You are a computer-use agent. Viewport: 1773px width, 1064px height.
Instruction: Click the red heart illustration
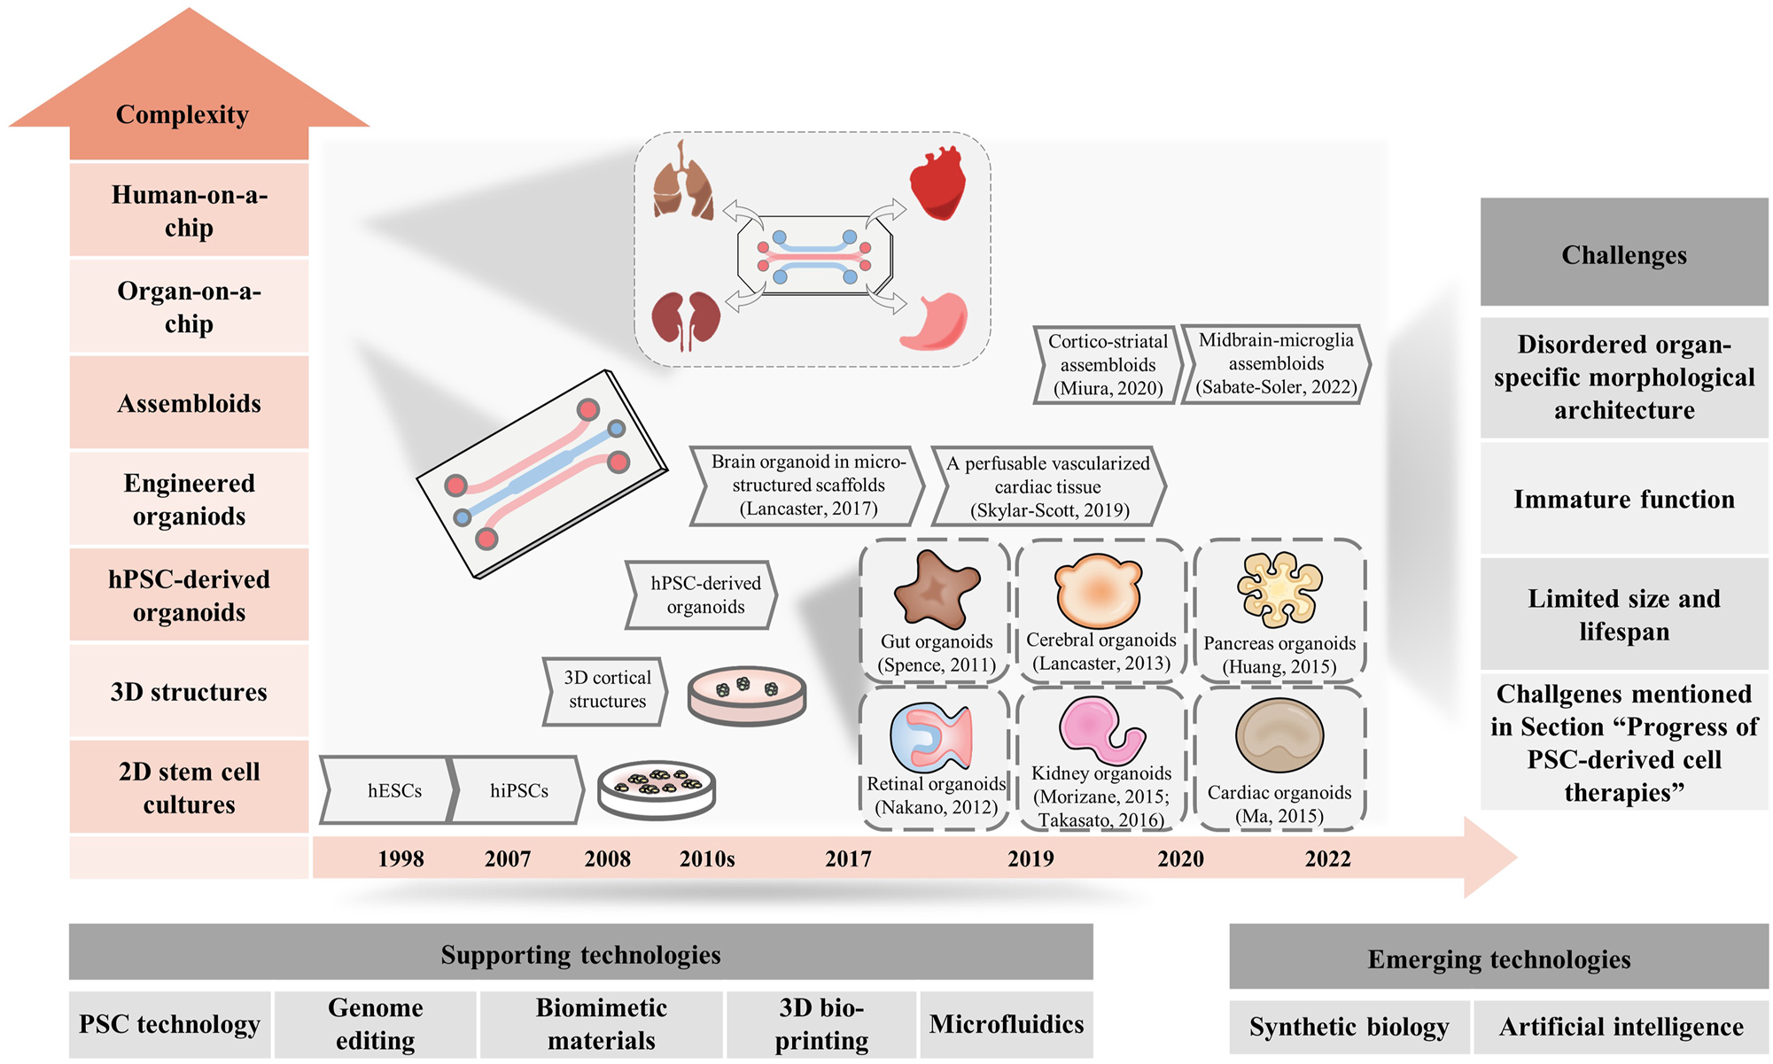pos(937,183)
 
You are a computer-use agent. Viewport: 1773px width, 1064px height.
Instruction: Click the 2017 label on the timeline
pos(848,858)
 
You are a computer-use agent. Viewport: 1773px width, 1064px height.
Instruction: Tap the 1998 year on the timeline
pos(400,858)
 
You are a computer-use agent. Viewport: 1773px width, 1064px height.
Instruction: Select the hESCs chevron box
pos(390,789)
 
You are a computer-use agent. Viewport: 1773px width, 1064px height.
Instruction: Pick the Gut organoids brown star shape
pos(936,589)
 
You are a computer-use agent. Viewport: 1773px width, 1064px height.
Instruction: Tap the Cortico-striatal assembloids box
pos(1107,365)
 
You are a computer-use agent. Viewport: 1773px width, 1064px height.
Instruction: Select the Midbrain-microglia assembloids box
pos(1276,364)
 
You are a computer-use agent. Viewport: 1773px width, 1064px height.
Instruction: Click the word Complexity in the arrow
pos(183,114)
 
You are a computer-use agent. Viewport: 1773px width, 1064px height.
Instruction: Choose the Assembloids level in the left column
pos(189,404)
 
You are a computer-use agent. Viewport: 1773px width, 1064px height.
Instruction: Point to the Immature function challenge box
pos(1623,499)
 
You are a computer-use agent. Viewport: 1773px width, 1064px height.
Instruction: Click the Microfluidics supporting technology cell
pos(1006,1024)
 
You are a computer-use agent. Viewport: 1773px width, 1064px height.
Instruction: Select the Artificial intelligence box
pos(1621,1027)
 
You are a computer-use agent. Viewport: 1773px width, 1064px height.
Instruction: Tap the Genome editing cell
pos(375,1024)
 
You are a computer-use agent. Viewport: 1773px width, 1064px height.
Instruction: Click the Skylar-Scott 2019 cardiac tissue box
pos(1048,486)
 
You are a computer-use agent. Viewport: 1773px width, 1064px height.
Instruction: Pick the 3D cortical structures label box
pos(606,689)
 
